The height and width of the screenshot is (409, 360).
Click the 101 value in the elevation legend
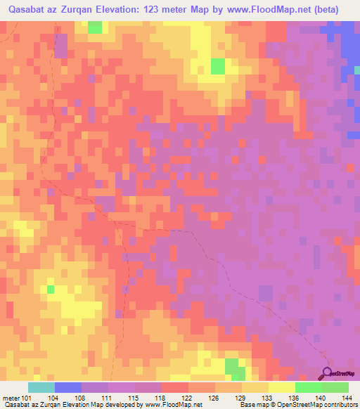tap(27, 397)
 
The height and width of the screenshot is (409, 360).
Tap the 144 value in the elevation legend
tap(347, 397)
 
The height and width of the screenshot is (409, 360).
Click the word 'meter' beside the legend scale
tap(11, 397)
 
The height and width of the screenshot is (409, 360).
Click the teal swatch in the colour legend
tap(41, 387)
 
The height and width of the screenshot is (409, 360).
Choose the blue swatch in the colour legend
tap(68, 387)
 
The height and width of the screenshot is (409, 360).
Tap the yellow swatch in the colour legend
tap(281, 387)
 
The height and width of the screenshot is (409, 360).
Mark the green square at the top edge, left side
tap(94, 27)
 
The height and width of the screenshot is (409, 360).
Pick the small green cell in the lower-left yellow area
tap(51, 288)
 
